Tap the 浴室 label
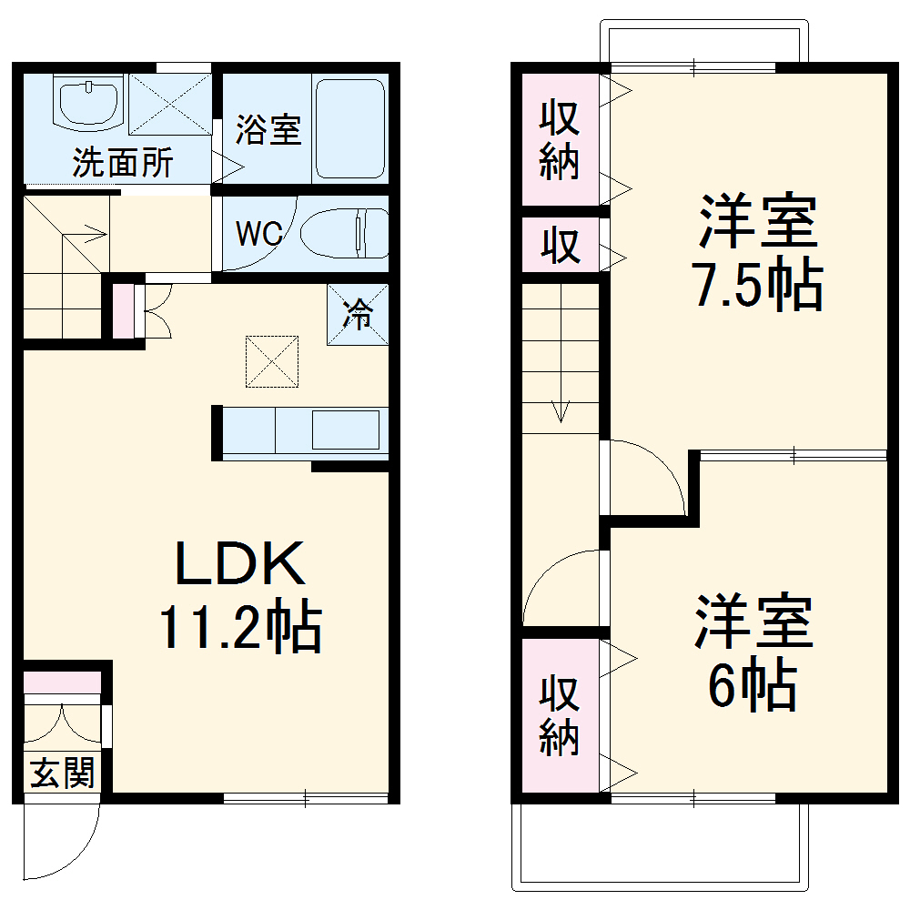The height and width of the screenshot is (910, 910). pyautogui.click(x=268, y=130)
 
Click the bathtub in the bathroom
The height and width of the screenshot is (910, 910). pyautogui.click(x=350, y=127)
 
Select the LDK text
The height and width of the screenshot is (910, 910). pyautogui.click(x=238, y=566)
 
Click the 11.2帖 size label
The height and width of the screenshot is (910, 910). pyautogui.click(x=238, y=628)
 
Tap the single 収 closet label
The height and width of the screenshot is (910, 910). pyautogui.click(x=560, y=246)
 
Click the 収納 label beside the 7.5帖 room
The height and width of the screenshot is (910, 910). pyautogui.click(x=560, y=141)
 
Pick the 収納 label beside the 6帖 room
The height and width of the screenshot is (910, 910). pyautogui.click(x=560, y=716)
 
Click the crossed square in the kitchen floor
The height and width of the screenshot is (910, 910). pyautogui.click(x=271, y=359)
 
